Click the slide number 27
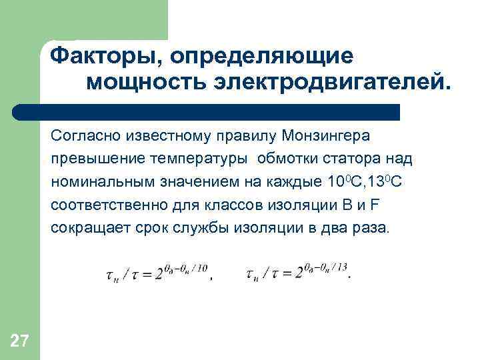pyautogui.click(x=19, y=342)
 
